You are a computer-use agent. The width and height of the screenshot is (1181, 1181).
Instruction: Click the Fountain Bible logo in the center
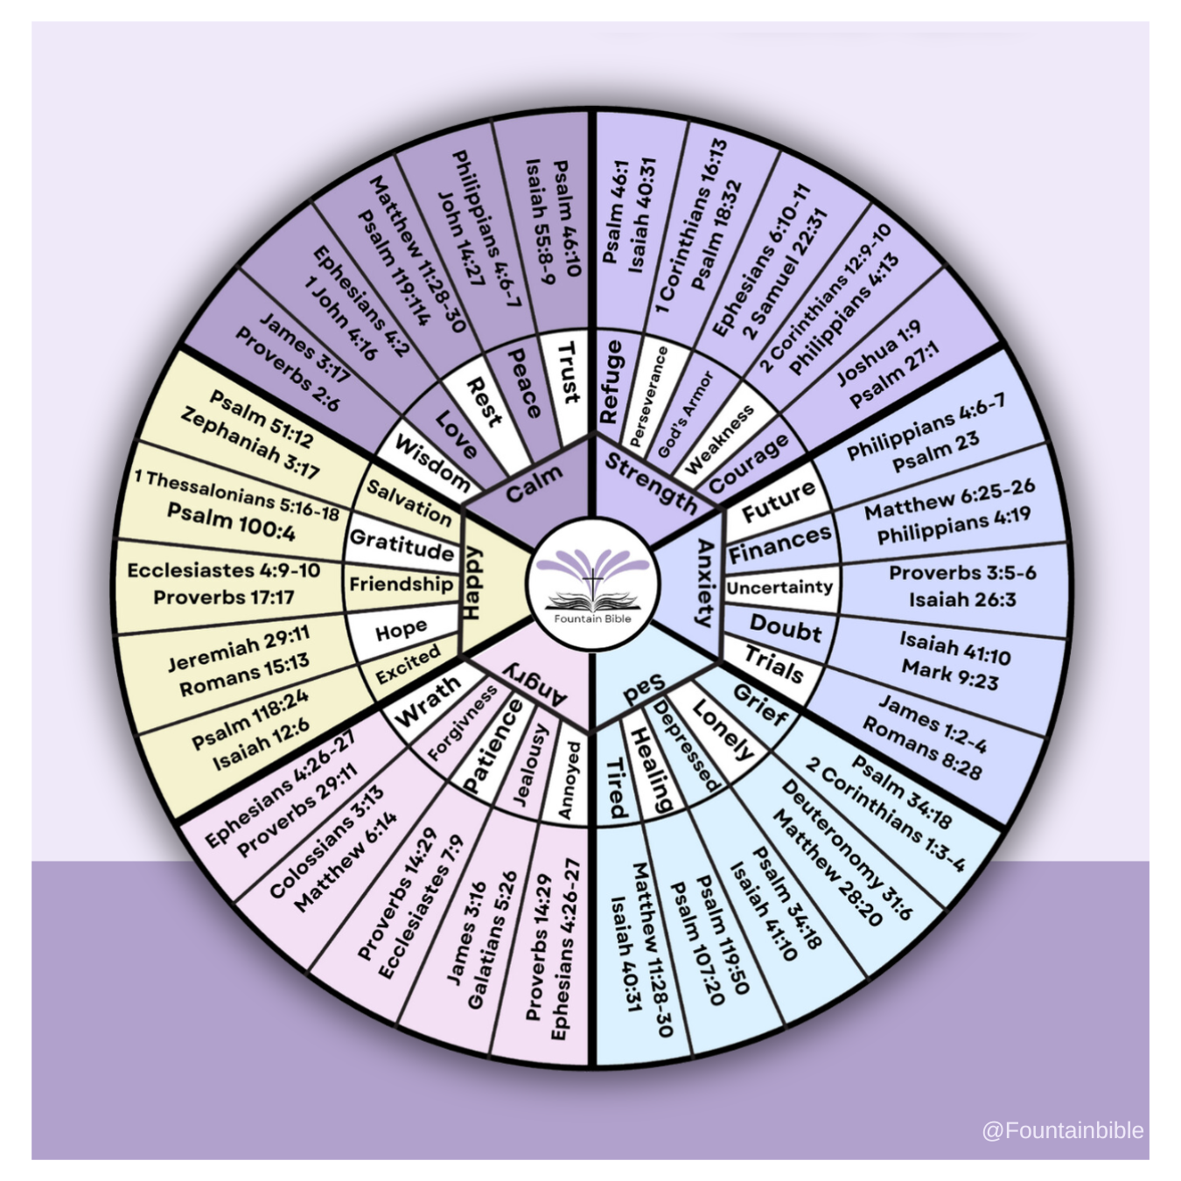(x=592, y=586)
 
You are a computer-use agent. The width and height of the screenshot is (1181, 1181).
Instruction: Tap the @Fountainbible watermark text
(x=1062, y=1095)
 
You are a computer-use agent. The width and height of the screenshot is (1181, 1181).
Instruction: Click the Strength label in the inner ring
(x=651, y=484)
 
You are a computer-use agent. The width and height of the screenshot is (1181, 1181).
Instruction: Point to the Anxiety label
(x=705, y=583)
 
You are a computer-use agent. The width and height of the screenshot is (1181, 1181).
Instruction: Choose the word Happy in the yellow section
(x=472, y=583)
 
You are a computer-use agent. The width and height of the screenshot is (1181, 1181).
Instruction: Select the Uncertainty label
(x=779, y=587)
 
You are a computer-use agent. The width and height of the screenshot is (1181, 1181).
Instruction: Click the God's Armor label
(x=686, y=415)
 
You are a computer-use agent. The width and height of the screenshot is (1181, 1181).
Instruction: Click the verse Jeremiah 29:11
(x=239, y=649)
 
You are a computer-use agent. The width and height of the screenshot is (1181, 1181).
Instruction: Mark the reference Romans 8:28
(x=922, y=748)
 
